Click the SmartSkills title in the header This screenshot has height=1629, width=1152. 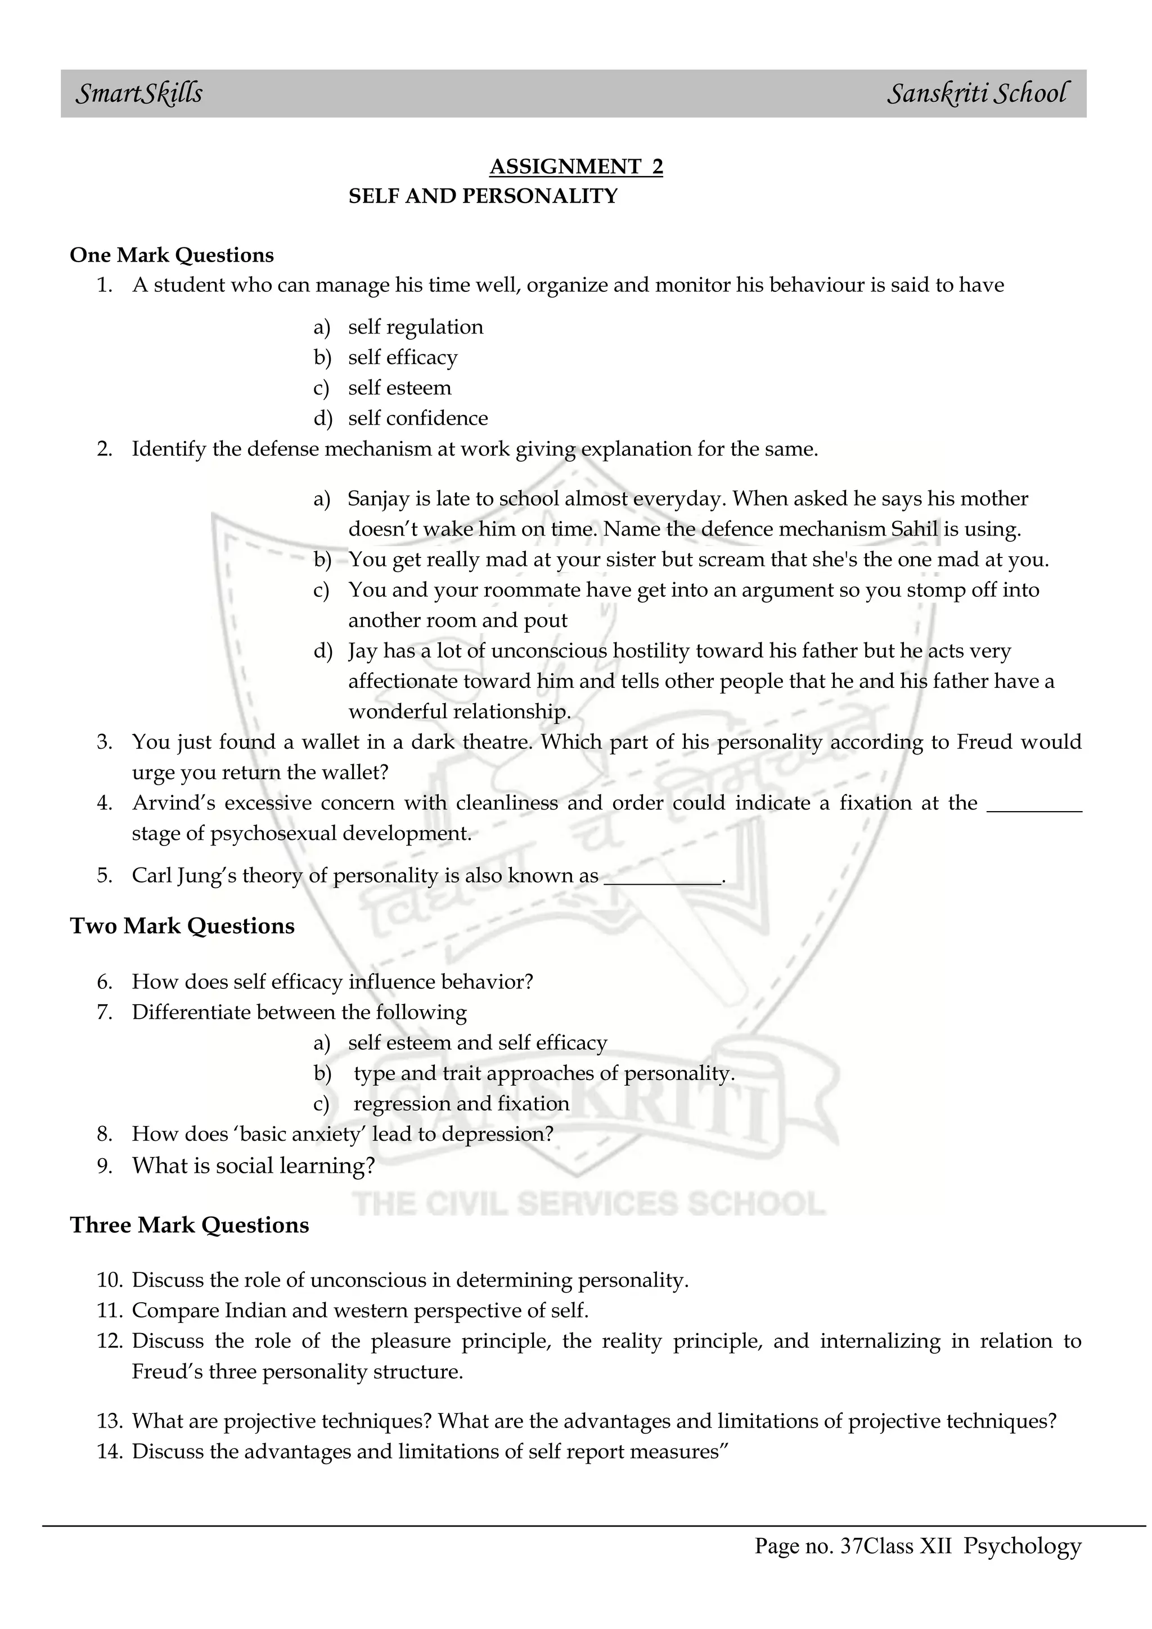tap(139, 93)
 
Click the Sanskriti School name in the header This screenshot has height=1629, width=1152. tap(976, 93)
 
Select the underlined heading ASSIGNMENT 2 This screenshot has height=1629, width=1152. tap(576, 166)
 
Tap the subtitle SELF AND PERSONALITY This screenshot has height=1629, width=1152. tap(483, 196)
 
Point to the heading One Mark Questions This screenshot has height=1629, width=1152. tap(172, 255)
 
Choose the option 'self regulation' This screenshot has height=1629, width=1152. tap(416, 327)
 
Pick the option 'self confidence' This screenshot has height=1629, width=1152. tap(418, 418)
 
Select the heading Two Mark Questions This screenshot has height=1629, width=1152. tap(182, 926)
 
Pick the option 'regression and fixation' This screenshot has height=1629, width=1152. tap(461, 1104)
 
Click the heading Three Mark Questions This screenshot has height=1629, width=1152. tap(190, 1225)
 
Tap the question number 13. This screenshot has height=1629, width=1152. tap(109, 1421)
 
